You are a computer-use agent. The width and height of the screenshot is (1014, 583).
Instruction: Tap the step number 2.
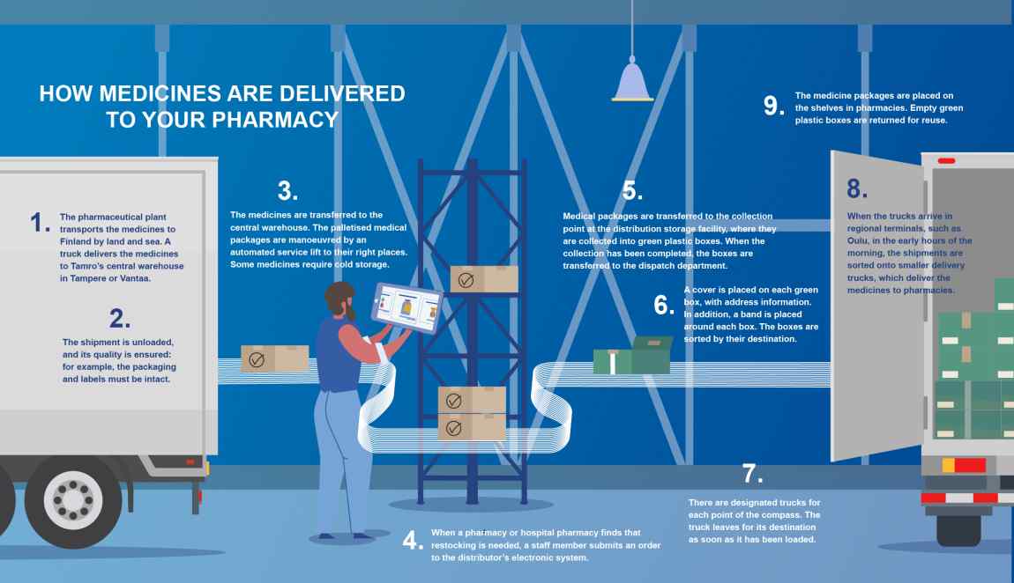tap(119, 318)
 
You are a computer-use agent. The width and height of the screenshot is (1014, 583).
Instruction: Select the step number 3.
tap(287, 191)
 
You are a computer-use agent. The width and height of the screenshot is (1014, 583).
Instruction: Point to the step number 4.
tap(412, 541)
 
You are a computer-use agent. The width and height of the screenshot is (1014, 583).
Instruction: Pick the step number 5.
tap(632, 191)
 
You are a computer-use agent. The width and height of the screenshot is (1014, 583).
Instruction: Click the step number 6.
tap(663, 306)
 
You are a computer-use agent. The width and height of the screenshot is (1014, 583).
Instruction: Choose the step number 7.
tap(751, 474)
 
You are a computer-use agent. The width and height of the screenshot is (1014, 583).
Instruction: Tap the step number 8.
tap(857, 188)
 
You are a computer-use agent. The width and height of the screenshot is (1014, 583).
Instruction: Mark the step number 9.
tap(772, 107)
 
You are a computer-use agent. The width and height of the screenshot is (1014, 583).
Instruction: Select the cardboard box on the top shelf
tap(483, 279)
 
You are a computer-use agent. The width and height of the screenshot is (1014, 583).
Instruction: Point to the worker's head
tap(340, 299)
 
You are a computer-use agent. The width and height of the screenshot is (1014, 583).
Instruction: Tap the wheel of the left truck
tap(72, 500)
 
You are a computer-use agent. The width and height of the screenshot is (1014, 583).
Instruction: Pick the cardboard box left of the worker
tap(274, 358)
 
